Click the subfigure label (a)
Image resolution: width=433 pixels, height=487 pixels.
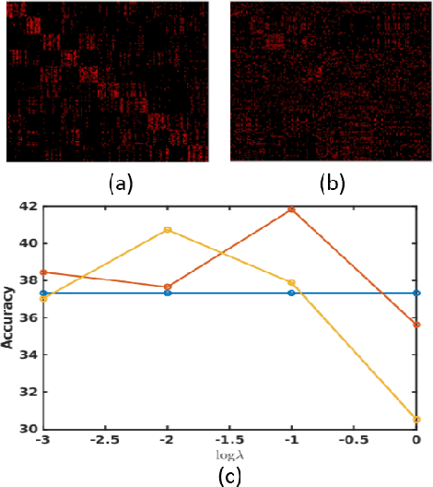(x=120, y=184)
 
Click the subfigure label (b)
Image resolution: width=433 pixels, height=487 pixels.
(x=332, y=184)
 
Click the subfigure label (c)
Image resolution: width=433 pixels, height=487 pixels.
(x=229, y=475)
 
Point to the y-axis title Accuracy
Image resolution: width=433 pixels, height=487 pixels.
(x=8, y=317)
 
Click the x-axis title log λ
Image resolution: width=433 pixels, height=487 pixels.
(x=229, y=456)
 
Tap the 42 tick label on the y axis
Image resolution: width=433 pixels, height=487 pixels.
(x=28, y=207)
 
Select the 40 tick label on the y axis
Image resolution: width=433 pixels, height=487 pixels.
(x=28, y=243)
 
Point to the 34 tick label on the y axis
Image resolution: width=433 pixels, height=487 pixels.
(x=28, y=355)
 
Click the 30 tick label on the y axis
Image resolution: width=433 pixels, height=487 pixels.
(x=28, y=429)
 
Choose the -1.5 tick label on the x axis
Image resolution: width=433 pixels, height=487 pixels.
(x=228, y=442)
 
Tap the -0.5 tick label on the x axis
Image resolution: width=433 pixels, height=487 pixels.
(x=353, y=442)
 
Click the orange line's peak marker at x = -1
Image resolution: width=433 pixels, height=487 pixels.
(x=292, y=209)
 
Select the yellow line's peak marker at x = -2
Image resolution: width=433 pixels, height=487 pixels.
(x=168, y=230)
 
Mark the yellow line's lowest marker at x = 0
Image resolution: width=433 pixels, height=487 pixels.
(x=416, y=420)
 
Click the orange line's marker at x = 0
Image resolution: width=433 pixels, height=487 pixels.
(x=416, y=325)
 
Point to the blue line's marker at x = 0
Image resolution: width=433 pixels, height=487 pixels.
(x=416, y=292)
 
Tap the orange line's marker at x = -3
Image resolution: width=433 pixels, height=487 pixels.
(x=43, y=272)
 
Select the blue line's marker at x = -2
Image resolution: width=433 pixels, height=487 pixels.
(x=168, y=292)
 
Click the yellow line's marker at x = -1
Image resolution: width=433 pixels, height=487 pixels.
(x=292, y=282)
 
